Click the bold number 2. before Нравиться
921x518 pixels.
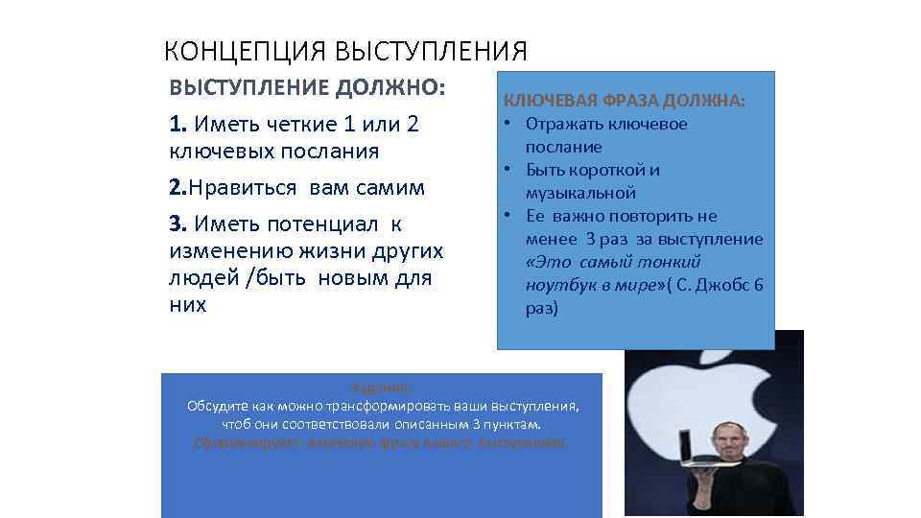pyautogui.click(x=177, y=187)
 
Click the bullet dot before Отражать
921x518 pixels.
pyautogui.click(x=504, y=124)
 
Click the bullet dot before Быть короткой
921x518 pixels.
pyautogui.click(x=504, y=170)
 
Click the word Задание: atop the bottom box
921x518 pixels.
pyautogui.click(x=382, y=388)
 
